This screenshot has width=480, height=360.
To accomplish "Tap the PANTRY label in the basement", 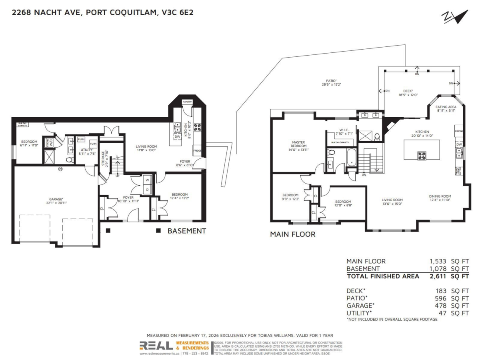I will pos(187,102).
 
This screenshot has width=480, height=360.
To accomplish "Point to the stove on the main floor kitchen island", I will pos(422,155).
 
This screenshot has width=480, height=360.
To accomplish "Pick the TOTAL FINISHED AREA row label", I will pos(383,276).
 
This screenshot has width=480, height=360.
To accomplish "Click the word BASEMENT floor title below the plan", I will pos(186,231).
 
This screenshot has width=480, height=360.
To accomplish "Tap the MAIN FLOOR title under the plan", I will pos(292,234).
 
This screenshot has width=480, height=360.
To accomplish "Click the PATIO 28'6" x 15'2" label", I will pos(331,82).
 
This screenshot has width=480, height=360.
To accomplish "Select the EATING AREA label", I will pos(446,109).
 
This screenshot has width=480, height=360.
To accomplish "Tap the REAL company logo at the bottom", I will pos(156,346).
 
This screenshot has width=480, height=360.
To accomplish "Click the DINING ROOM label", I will pos(440,198).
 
